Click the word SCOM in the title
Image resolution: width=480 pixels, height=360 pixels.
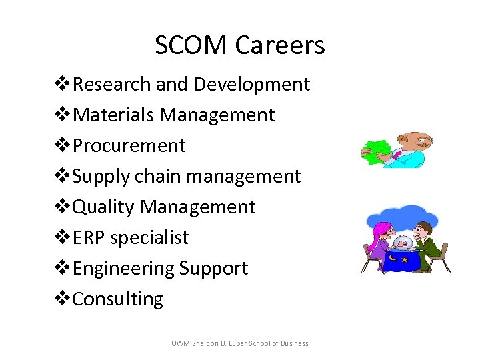[191, 45]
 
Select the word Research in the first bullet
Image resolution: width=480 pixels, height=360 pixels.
[111, 85]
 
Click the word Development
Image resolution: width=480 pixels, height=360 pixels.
[251, 85]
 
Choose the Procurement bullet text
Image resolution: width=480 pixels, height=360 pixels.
[129, 146]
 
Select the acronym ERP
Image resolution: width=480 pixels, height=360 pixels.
[89, 238]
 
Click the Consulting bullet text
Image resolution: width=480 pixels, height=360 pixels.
[117, 299]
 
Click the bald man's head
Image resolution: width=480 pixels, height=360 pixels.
[417, 141]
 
